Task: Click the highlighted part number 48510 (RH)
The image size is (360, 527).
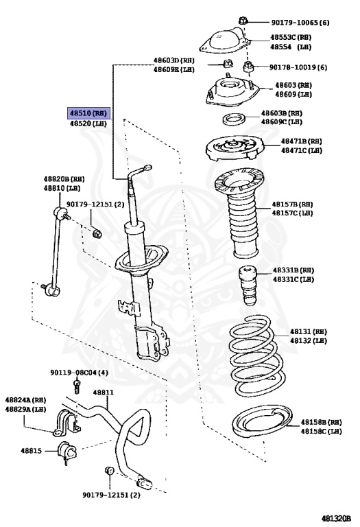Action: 88,113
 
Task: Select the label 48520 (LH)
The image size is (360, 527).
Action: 88,124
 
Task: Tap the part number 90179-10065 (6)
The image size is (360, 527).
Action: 300,23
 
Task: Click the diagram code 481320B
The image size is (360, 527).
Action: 336,518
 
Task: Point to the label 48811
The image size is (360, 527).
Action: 104,393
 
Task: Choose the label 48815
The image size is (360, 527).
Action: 32,451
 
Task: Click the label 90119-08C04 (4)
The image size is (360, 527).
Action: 80,373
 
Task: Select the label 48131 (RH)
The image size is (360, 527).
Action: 309,331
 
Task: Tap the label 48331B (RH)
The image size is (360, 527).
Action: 293,270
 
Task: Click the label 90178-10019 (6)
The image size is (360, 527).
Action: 298,67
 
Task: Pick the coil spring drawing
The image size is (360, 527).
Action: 256,355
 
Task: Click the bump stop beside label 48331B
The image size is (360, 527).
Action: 248,285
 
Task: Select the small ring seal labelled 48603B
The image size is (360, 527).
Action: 234,119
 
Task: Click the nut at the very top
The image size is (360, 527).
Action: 243,21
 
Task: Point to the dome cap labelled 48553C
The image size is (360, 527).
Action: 225,41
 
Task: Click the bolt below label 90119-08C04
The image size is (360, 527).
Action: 77,386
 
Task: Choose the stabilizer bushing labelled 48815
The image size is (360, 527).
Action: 67,451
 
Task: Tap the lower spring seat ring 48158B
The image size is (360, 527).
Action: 262,422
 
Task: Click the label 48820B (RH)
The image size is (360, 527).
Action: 64,179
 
